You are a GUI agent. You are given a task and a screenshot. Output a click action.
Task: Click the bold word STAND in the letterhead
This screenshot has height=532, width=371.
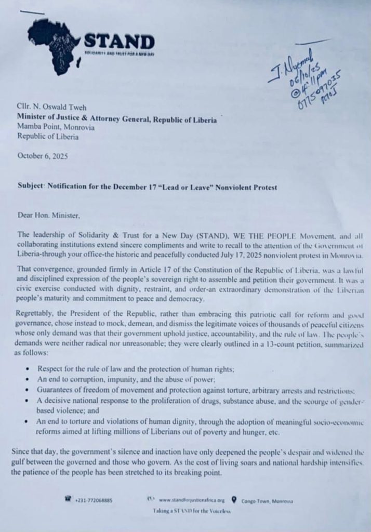(119, 42)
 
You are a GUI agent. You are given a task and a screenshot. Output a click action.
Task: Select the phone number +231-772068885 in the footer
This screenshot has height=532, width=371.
(94, 500)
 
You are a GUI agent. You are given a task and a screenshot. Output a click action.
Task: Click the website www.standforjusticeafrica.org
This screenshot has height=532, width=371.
(192, 500)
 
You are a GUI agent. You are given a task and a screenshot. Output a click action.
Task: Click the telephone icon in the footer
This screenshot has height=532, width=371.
(67, 500)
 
